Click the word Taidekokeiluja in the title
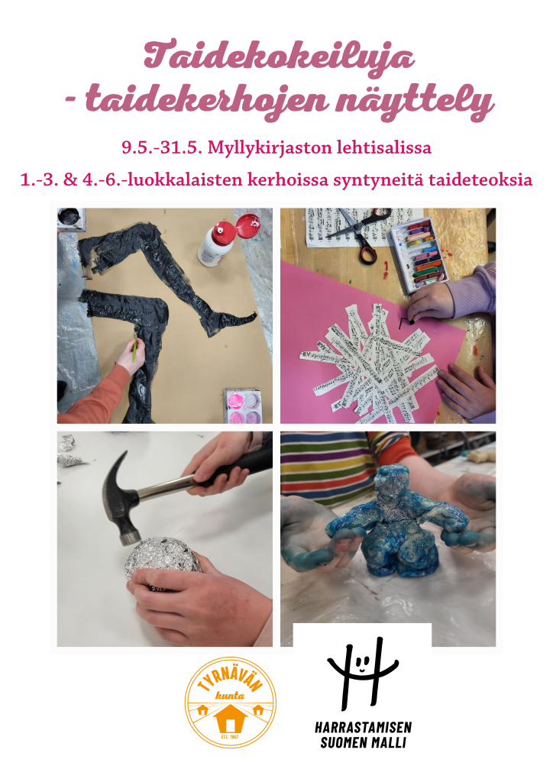[x=279, y=56]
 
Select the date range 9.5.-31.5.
[x=162, y=147]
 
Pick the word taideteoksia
[x=480, y=179]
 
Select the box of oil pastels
[x=419, y=254]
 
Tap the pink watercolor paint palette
[x=243, y=406]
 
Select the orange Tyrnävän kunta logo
[x=230, y=703]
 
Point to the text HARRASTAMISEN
[x=363, y=727]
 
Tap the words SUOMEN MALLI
[x=363, y=742]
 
